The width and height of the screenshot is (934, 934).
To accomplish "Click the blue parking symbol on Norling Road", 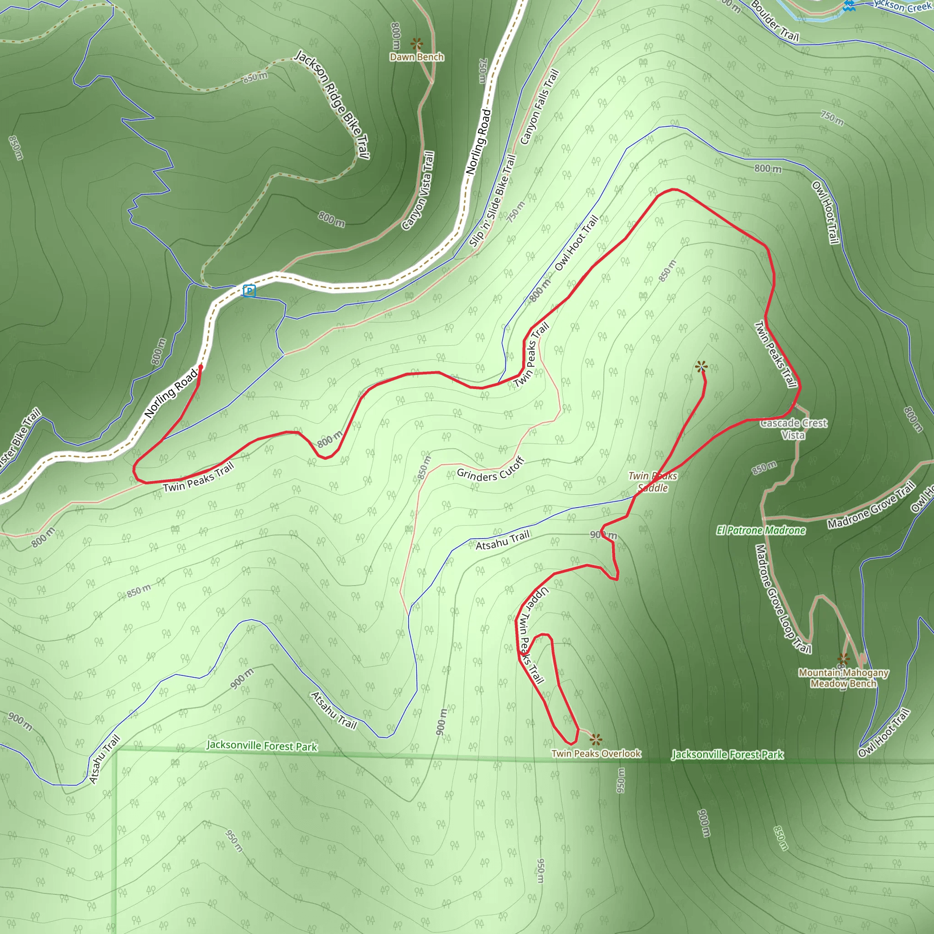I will pyautogui.click(x=249, y=291).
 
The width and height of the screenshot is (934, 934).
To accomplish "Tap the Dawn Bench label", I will pyautogui.click(x=417, y=57).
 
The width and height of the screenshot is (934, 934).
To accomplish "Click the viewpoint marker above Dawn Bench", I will pyautogui.click(x=417, y=43).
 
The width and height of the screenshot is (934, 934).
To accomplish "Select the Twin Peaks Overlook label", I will pyautogui.click(x=596, y=754).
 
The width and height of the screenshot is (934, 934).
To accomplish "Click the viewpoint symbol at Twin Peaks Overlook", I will pyautogui.click(x=596, y=739).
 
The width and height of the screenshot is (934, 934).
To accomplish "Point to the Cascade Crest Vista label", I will pyautogui.click(x=794, y=429).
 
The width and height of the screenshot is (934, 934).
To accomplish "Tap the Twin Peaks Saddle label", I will pyautogui.click(x=653, y=482).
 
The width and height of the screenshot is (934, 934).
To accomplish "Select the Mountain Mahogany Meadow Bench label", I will pyautogui.click(x=844, y=678).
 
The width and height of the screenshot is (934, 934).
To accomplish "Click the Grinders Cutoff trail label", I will pyautogui.click(x=491, y=470).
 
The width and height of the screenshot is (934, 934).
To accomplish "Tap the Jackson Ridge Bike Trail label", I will pyautogui.click(x=332, y=104).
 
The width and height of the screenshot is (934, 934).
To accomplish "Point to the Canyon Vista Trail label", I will pyautogui.click(x=418, y=191).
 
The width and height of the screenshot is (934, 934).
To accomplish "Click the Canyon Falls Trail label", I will pyautogui.click(x=540, y=107).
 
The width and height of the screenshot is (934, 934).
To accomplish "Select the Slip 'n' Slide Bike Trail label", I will pyautogui.click(x=493, y=201).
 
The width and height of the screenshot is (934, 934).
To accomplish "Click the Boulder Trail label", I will pyautogui.click(x=774, y=21).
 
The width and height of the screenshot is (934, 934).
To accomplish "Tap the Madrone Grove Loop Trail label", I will pyautogui.click(x=782, y=598).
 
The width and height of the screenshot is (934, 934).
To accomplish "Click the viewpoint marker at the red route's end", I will pyautogui.click(x=701, y=367).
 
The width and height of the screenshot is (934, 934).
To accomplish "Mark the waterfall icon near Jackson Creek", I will pyautogui.click(x=849, y=6).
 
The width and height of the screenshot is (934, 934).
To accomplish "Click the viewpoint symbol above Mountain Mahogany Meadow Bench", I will pyautogui.click(x=844, y=659).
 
